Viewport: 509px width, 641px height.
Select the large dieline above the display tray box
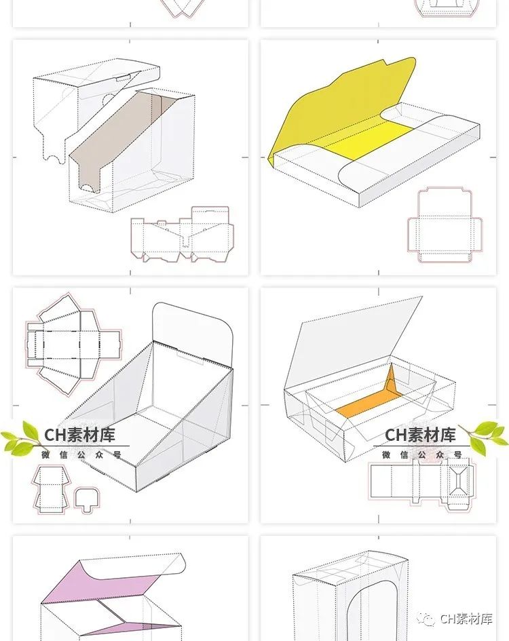[71, 339]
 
